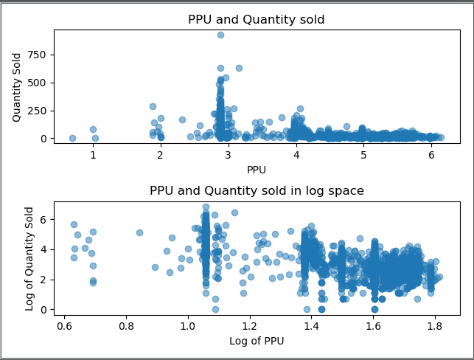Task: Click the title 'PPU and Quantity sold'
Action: pos(257,19)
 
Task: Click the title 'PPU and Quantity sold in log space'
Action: pos(257,190)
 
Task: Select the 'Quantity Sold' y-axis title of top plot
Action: pos(17,86)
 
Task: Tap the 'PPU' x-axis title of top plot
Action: pos(257,170)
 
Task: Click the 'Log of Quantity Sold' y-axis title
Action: pos(29,258)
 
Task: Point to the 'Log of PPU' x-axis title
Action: pos(257,341)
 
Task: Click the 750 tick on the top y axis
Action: pos(39,55)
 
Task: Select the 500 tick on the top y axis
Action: pos(39,83)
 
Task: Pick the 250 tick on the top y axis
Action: pos(39,111)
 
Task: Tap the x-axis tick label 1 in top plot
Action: pos(93,156)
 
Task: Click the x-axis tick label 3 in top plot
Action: pos(229,156)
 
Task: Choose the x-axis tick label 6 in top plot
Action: pos(431,156)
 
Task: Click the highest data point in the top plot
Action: pos(220,35)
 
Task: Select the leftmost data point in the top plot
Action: pos(72,138)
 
